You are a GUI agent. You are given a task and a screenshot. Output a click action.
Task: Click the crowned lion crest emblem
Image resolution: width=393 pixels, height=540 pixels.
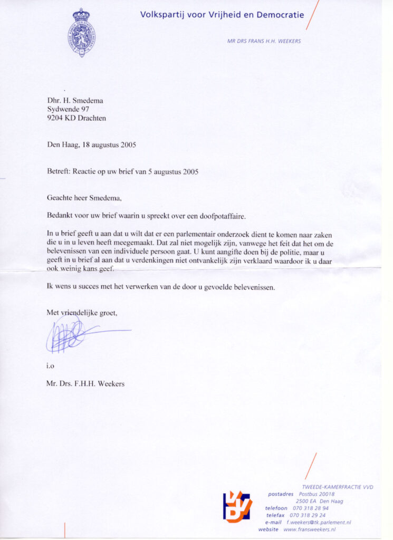81,33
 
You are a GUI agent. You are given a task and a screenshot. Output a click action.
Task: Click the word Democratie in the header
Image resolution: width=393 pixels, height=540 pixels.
280,15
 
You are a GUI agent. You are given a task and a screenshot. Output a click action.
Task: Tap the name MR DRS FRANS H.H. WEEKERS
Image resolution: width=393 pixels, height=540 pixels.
264,41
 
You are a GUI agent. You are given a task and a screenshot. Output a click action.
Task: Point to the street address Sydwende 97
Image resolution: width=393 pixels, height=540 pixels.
68,109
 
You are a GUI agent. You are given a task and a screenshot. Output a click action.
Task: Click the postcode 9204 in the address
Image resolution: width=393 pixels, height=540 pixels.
55,118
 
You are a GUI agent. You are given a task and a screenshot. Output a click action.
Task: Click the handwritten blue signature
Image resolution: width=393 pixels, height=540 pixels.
74,334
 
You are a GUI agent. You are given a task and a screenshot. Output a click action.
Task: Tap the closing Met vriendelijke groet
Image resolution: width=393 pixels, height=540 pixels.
82,313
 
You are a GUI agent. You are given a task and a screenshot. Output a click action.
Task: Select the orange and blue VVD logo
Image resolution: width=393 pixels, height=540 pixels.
237,506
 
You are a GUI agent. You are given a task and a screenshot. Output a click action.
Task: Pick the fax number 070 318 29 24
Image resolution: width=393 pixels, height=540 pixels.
308,515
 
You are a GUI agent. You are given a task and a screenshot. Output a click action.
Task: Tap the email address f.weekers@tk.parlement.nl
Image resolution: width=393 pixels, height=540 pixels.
319,522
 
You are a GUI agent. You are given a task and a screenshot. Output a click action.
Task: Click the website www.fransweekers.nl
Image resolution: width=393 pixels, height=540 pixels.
310,529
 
